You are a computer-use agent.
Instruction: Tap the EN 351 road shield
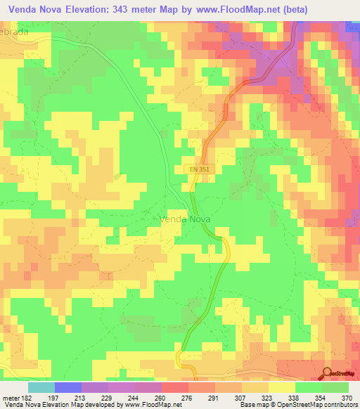point(199,169)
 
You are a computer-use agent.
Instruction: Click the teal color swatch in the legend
point(41,387)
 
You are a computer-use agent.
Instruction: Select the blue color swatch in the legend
point(67,387)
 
